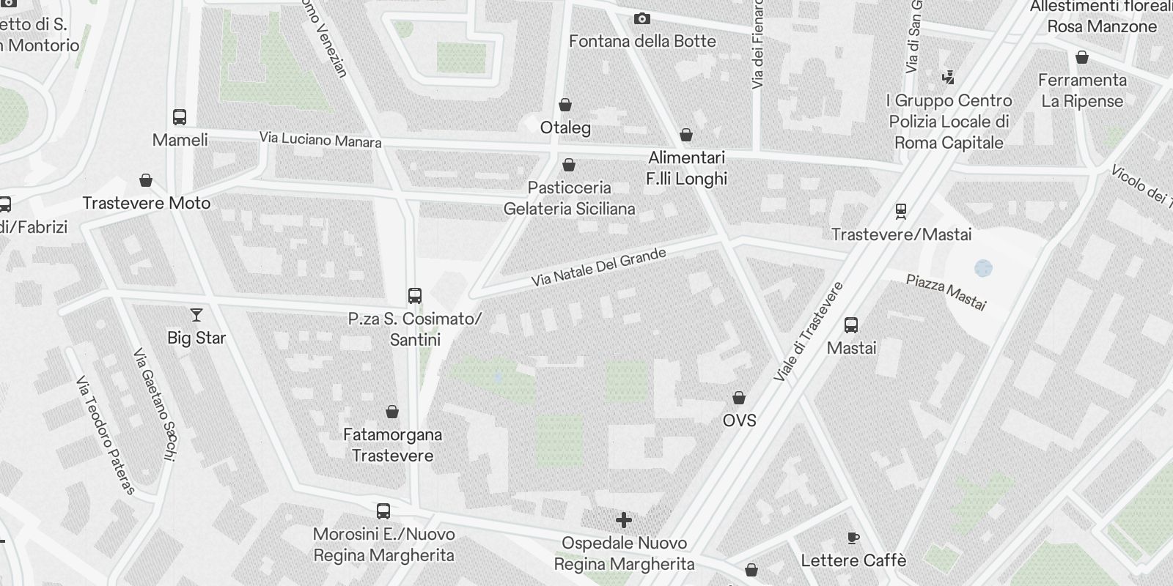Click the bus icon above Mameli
180,117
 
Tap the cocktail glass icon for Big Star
196,315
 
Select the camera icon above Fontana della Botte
641,18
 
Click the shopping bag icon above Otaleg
565,105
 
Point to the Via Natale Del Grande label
599,267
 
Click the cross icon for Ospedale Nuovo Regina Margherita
624,520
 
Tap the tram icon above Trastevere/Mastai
901,212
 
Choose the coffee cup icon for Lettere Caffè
853,538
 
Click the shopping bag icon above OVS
739,398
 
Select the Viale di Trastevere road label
808,332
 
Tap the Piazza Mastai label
946,292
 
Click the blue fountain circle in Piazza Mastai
983,268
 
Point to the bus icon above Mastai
851,325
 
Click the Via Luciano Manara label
320,139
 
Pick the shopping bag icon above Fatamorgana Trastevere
392,412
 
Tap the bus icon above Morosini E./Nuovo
383,511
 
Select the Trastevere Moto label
147,203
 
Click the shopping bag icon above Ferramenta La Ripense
1082,57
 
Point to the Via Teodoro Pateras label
106,436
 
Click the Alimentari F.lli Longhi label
686,168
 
